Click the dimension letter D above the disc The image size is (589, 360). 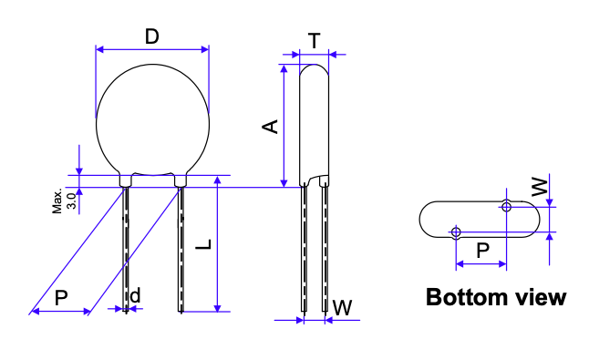tap(152, 36)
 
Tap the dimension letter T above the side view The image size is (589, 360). tap(315, 41)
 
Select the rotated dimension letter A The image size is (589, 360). tap(270, 127)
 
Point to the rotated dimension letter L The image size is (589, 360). tap(204, 244)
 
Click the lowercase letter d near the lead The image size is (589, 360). tap(135, 295)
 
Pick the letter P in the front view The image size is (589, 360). tap(62, 298)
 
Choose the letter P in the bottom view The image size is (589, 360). tap(483, 250)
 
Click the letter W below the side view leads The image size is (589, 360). tap(343, 308)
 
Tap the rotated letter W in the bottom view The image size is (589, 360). tap(540, 187)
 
